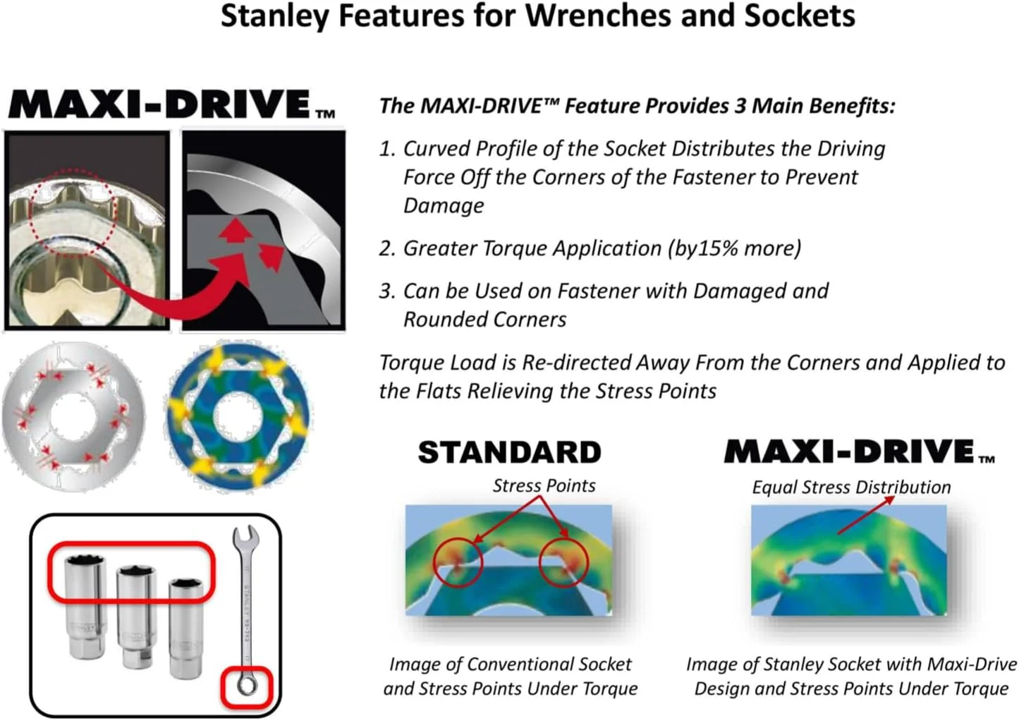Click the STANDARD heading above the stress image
point(509,452)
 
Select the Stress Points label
point(544,485)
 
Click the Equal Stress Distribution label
point(851,487)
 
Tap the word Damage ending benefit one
point(444,206)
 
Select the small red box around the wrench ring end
point(247,668)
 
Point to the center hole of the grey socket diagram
point(74,415)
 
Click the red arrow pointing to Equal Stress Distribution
point(866,515)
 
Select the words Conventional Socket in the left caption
point(549,665)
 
